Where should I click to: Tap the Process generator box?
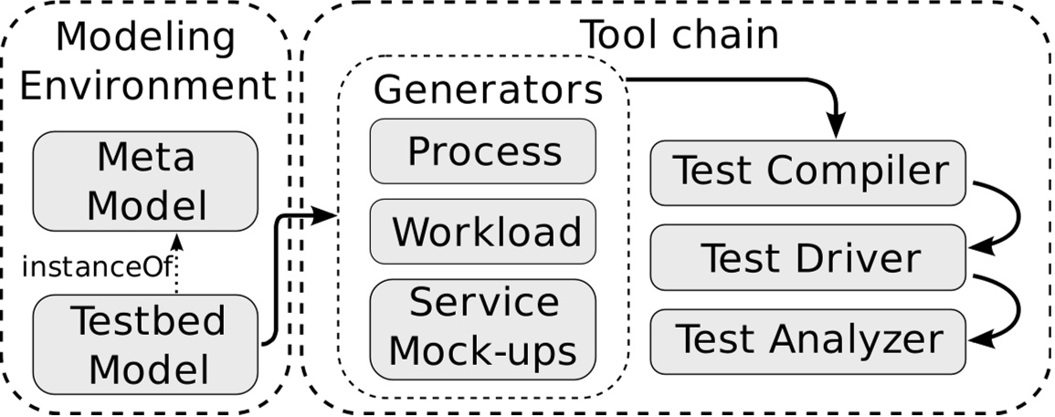click(x=483, y=151)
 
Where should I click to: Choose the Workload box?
click(x=483, y=232)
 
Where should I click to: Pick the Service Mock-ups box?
click(x=483, y=326)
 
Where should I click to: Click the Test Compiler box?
click(x=807, y=172)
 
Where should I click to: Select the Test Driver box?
click(x=807, y=258)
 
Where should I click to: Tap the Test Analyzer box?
click(x=807, y=340)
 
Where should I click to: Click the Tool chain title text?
click(x=680, y=35)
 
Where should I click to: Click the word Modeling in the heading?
click(x=145, y=38)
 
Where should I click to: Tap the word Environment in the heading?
click(x=147, y=86)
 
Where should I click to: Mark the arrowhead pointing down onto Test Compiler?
click(x=836, y=128)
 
